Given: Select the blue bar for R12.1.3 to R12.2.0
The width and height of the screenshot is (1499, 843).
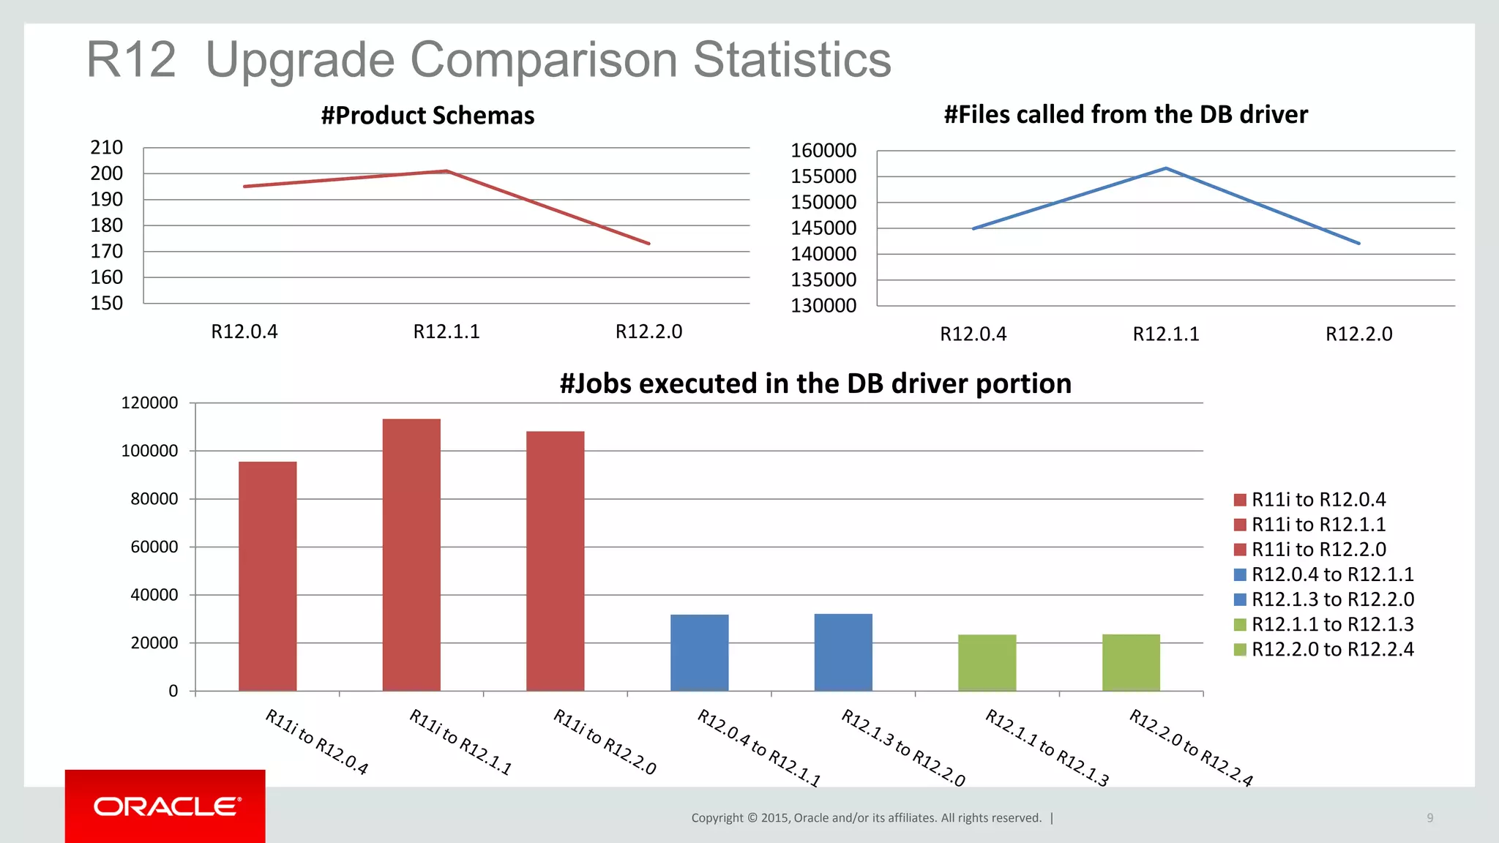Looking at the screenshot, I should point(843,652).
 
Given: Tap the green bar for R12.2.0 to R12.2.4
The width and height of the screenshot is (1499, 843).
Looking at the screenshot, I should point(1131,662).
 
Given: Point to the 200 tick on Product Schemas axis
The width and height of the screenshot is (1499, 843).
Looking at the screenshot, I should point(107,173).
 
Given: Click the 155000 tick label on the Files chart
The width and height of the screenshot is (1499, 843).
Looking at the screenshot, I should point(823,176).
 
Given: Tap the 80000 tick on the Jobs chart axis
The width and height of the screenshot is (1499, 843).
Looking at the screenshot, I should point(154,499).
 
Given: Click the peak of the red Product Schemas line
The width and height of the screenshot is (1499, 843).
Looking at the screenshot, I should point(446,171).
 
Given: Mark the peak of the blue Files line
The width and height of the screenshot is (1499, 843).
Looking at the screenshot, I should point(1166,168).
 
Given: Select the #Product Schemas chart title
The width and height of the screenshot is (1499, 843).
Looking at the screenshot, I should point(428,116).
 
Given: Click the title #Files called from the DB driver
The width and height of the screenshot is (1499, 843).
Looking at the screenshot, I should point(1126,115).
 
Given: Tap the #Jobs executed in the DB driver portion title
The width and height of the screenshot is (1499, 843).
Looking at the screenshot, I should point(815,383).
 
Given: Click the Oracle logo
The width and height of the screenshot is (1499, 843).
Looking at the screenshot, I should point(166,806).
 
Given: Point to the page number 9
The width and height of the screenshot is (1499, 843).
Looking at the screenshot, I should point(1429,818).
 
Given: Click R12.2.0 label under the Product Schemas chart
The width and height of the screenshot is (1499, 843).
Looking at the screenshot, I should point(648,332).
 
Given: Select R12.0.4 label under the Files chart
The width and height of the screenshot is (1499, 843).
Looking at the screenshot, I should point(973,334).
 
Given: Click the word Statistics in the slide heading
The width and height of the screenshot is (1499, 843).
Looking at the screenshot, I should point(792,60).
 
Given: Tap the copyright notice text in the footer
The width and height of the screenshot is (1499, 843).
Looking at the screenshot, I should point(866,818).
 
